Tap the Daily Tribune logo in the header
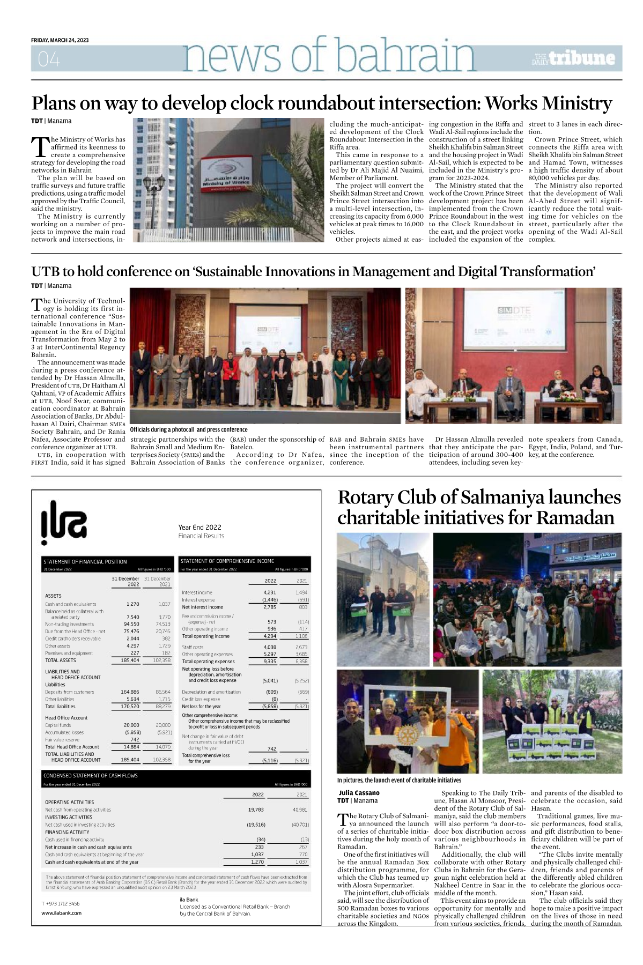(573, 58)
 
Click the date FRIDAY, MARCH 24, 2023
(60, 41)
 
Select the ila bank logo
(64, 519)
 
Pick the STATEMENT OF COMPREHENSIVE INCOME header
(227, 561)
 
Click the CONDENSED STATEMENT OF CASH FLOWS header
(91, 775)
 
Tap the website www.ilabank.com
(61, 912)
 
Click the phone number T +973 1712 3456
(60, 903)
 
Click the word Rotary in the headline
(365, 498)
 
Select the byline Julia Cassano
(359, 792)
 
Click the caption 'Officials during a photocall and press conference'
(189, 429)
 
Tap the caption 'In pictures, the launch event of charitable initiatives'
(399, 780)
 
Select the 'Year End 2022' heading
(199, 527)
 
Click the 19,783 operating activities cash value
(256, 810)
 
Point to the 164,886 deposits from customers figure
(130, 692)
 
